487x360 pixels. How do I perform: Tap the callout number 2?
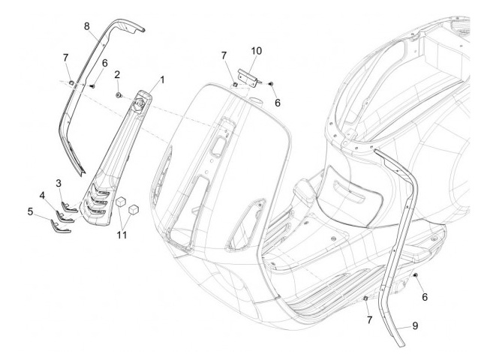coord(117,75)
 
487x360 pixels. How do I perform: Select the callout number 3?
coord(59,184)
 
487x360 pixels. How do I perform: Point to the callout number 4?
coord(44,196)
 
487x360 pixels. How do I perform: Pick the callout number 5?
coord(32,212)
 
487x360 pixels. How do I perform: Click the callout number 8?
coord(87,26)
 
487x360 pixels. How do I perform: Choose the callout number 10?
coord(257,52)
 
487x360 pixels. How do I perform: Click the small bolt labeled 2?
coord(119,95)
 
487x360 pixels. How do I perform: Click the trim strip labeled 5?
coord(58,226)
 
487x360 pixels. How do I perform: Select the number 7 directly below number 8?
coord(66,58)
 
